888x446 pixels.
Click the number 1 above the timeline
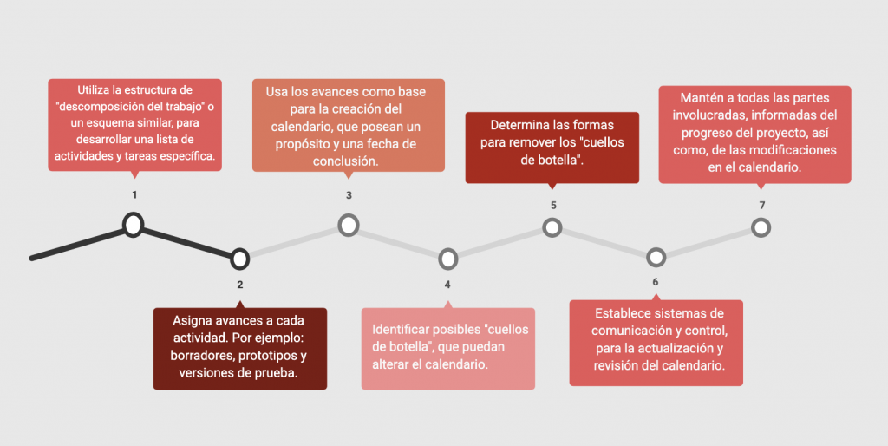point(134,195)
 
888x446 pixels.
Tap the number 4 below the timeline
point(447,285)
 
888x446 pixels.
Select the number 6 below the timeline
point(656,282)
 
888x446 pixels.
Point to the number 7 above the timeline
point(762,205)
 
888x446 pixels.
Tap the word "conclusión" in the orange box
point(345,161)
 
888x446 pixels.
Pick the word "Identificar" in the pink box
point(400,329)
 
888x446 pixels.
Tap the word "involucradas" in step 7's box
point(713,115)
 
